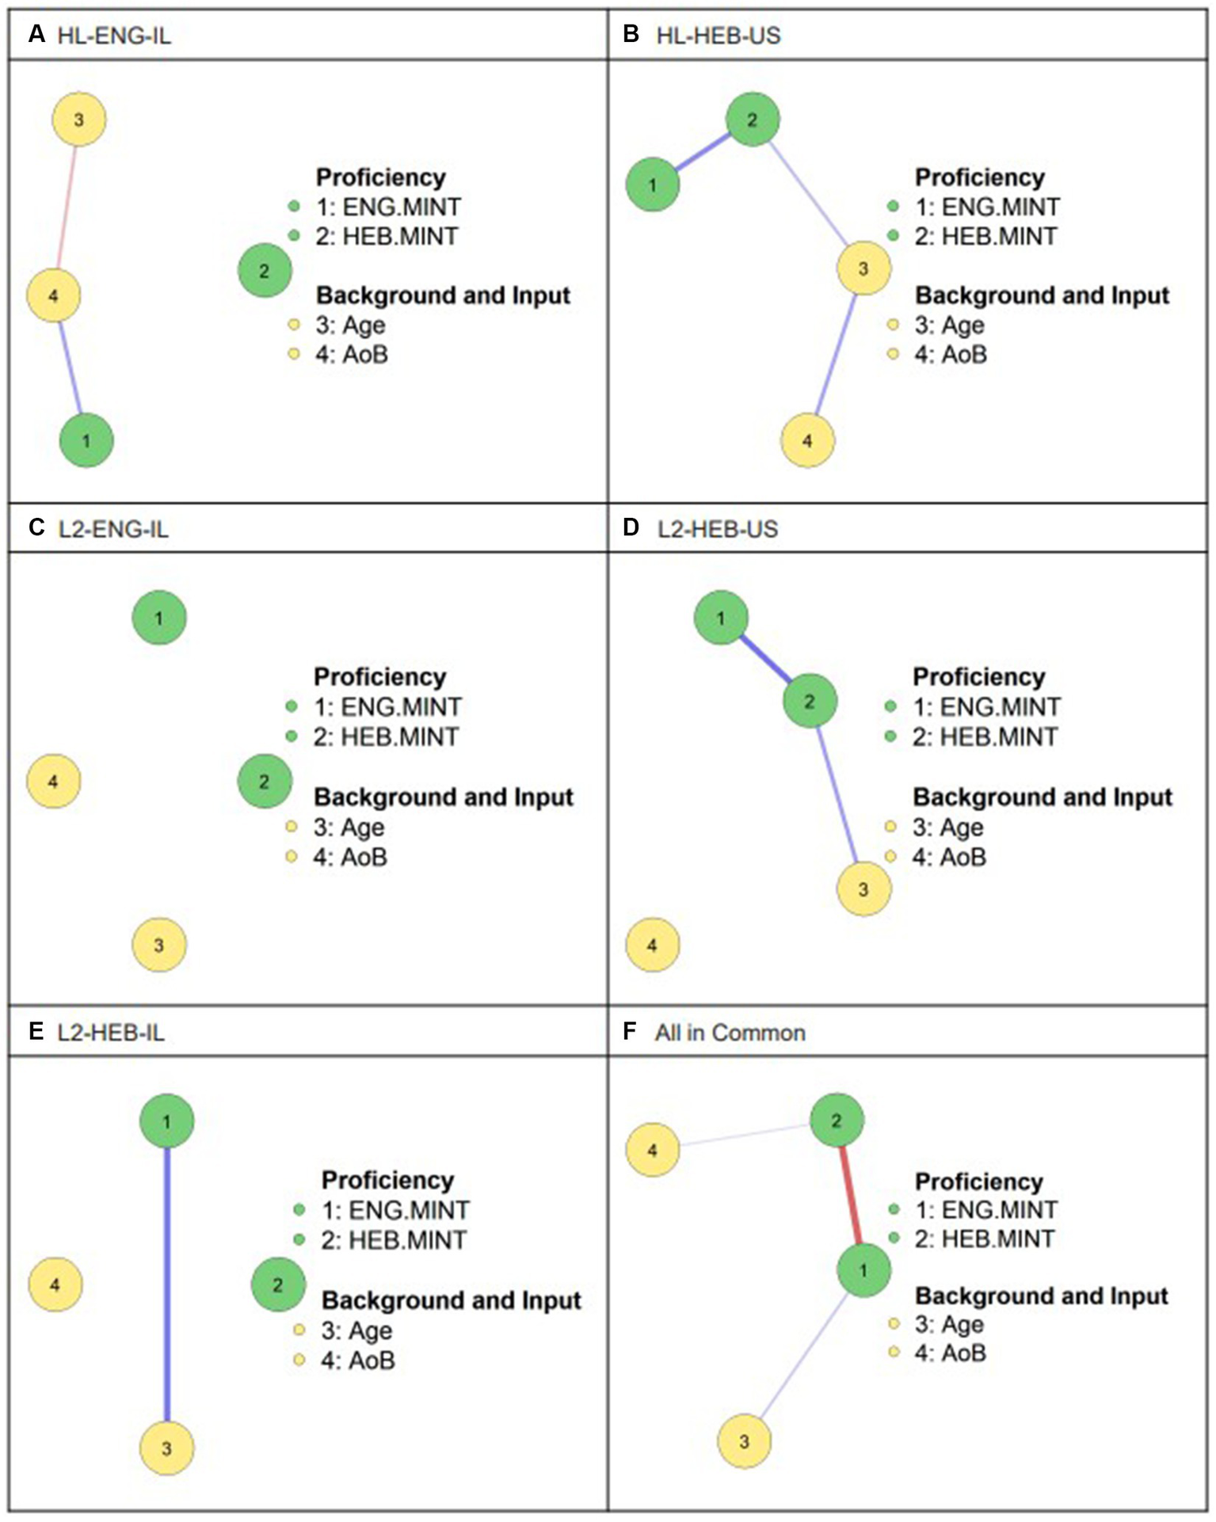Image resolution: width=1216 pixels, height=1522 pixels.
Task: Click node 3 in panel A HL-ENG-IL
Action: pos(78,120)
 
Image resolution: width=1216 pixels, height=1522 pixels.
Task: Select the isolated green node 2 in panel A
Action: pos(265,271)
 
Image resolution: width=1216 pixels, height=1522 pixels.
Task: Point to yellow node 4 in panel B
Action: pos(807,440)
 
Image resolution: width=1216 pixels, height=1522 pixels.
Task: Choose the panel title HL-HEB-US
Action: pos(718,36)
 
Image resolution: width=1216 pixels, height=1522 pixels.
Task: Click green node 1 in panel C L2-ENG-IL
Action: pos(159,618)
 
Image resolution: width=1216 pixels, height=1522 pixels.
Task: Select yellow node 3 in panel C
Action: pos(159,945)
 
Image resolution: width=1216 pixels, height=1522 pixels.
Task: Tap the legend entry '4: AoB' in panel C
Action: pos(349,857)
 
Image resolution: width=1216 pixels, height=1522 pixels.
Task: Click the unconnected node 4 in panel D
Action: pos(653,945)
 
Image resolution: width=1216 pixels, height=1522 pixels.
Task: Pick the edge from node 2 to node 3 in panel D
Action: pos(837,794)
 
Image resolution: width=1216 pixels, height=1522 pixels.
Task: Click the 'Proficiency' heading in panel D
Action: pos(978,677)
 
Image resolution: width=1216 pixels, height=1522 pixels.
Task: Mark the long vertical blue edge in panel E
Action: pos(167,1283)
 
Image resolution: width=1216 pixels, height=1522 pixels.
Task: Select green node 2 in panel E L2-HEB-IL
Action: pos(278,1284)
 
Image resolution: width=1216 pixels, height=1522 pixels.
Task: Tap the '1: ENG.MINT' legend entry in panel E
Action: pos(395,1210)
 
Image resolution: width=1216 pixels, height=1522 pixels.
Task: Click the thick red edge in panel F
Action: pos(850,1195)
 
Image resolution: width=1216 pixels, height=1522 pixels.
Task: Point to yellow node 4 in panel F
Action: pos(653,1150)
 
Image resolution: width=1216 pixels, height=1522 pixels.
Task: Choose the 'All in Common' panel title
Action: pos(730,1033)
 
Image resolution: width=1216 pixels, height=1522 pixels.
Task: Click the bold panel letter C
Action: pos(36,528)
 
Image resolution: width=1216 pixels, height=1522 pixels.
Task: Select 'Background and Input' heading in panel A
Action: pos(443,295)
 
